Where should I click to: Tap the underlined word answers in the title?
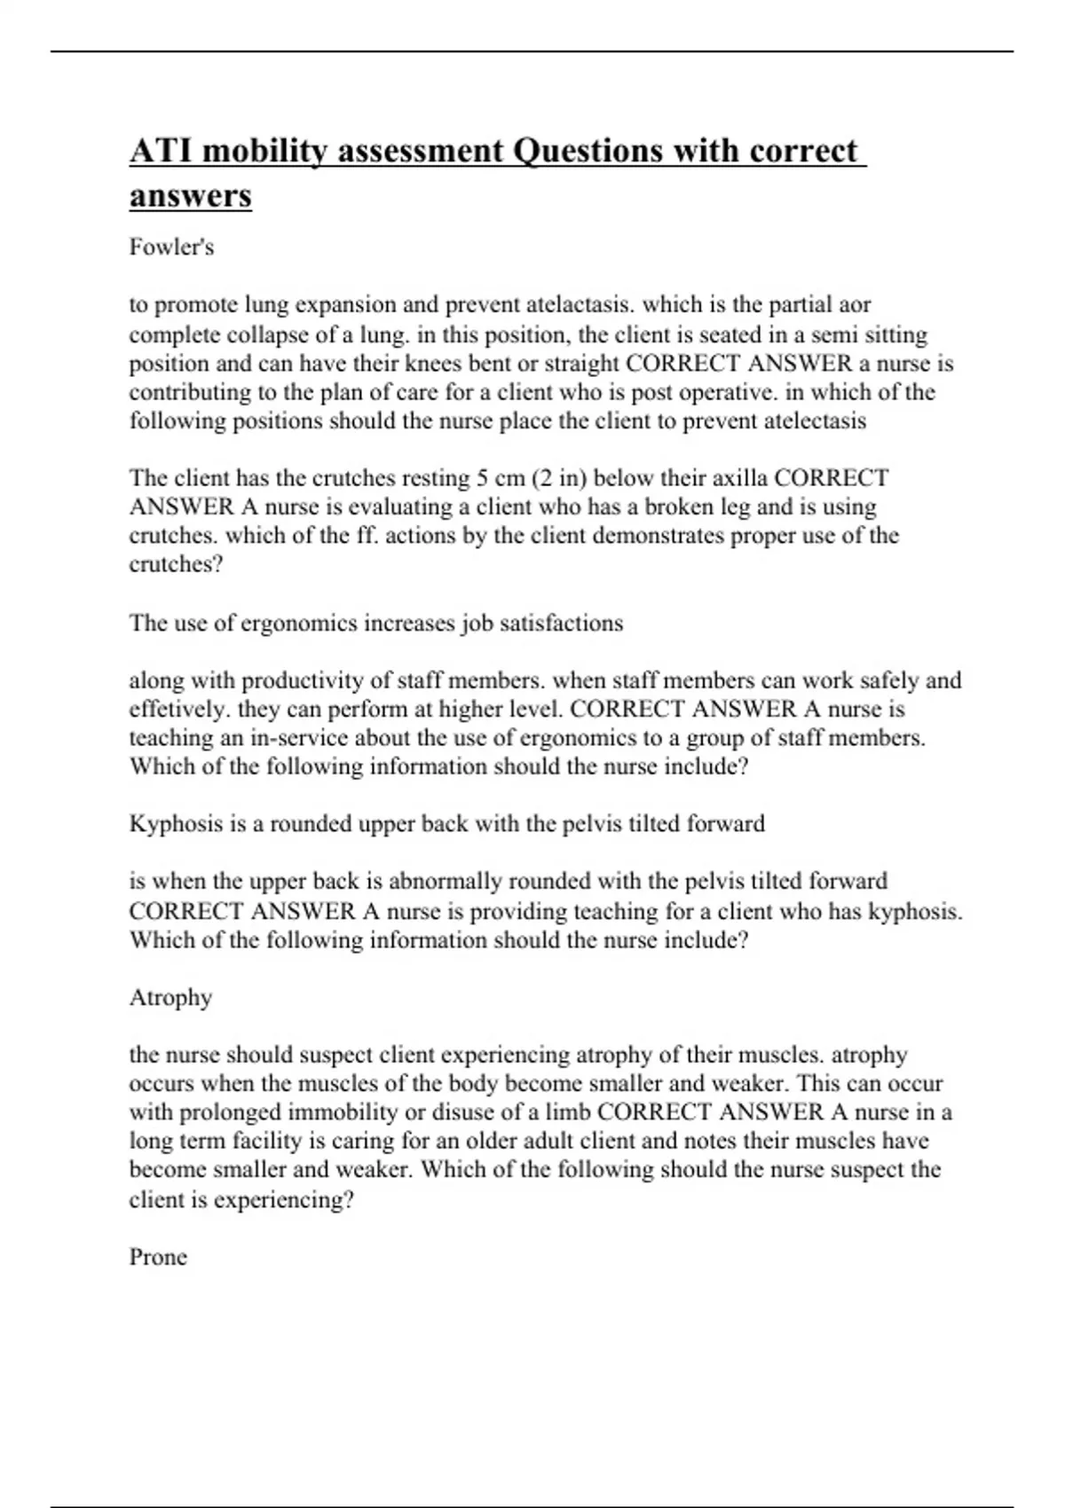pyautogui.click(x=190, y=196)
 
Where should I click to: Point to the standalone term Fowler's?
pyautogui.click(x=171, y=247)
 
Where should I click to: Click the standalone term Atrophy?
pyautogui.click(x=170, y=998)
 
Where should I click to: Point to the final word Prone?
pyautogui.click(x=158, y=1257)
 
